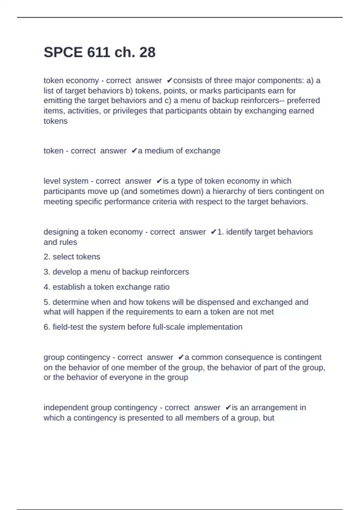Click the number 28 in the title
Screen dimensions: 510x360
point(147,52)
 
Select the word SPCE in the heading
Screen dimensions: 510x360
point(63,52)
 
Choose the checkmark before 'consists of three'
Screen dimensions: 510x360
point(169,81)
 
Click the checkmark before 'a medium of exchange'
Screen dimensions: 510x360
point(134,151)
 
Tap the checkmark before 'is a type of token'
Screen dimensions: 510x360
point(159,181)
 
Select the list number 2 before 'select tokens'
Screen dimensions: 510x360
point(47,257)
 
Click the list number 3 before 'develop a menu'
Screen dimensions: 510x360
point(47,272)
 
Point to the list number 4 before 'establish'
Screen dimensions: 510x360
point(47,287)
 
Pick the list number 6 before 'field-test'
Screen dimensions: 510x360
point(47,327)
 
